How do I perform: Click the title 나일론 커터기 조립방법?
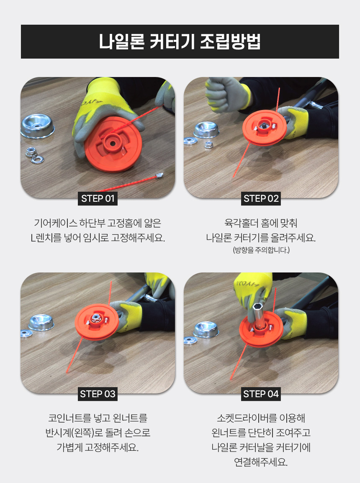180,41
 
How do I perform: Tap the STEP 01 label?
98,199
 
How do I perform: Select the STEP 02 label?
261,199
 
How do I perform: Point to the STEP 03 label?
98,394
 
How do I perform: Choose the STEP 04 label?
261,394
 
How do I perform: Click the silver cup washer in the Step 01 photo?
38,126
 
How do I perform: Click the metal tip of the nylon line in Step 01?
159,176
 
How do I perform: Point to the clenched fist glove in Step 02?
227,94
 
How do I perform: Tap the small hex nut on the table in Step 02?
209,144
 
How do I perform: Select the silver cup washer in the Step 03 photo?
41,323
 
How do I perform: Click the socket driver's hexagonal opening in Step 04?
257,307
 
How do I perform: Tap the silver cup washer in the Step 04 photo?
206,330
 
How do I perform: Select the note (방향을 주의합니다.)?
261,250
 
